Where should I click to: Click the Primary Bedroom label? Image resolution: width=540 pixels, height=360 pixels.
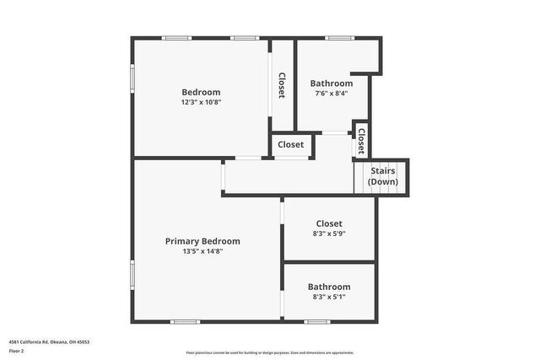click(202, 241)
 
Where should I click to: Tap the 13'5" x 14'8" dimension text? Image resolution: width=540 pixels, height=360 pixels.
click(202, 251)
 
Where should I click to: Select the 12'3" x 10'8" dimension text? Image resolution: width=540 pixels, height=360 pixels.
click(201, 102)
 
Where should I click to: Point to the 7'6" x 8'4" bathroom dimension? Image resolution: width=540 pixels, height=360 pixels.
click(332, 94)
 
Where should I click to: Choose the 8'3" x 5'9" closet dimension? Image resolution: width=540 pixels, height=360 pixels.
click(329, 234)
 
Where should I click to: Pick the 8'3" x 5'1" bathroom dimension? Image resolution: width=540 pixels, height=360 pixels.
click(329, 297)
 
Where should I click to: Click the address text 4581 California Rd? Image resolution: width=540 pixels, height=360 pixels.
click(49, 341)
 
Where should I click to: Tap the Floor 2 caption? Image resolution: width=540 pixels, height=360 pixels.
click(17, 350)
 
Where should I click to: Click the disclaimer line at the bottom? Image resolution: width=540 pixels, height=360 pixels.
click(270, 352)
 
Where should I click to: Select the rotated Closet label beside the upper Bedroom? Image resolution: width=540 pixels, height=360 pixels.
click(282, 85)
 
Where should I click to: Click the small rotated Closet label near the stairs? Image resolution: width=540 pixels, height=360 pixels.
click(361, 140)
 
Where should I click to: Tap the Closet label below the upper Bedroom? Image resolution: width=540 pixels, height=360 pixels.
click(291, 145)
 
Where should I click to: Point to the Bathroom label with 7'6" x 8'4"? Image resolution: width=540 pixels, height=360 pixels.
click(332, 83)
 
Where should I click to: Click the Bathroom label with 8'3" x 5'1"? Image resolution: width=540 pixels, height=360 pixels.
click(329, 287)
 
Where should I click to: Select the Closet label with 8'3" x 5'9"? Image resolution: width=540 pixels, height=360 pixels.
click(329, 223)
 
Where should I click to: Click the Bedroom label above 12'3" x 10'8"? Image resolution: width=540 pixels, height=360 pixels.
click(201, 92)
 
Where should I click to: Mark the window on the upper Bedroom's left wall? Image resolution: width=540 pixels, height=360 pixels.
click(132, 78)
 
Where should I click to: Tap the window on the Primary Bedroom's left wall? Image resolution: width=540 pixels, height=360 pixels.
click(132, 275)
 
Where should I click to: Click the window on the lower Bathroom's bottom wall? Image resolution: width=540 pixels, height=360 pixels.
click(317, 321)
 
